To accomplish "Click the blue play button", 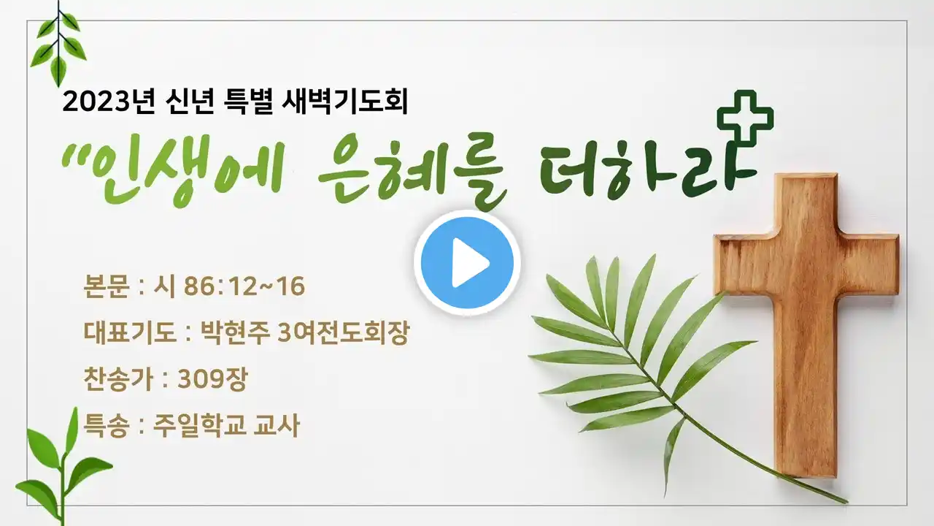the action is point(468,262).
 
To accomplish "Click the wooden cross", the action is point(806,326).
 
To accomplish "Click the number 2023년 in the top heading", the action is point(109,102).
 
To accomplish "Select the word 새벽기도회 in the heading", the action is point(345,102).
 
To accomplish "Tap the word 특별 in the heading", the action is point(249,102).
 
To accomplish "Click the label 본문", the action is point(106,286).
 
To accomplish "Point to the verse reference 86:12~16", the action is point(244,286).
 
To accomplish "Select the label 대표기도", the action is point(130,332).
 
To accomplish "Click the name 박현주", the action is point(235,332).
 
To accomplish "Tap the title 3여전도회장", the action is point(344,332).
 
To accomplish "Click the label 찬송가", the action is point(118,379).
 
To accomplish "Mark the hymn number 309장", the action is point(212,379).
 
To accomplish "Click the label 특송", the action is point(106,426).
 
